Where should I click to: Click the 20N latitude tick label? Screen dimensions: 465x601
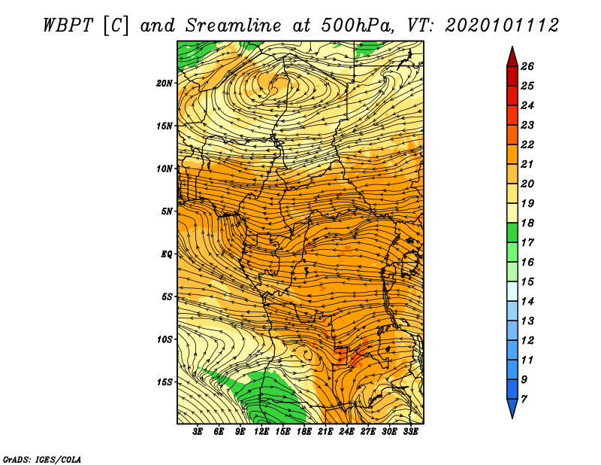point(165,83)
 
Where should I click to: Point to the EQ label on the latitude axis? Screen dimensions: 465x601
point(166,254)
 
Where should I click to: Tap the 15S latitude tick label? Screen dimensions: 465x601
point(165,382)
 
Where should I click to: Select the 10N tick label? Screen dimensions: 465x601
point(165,169)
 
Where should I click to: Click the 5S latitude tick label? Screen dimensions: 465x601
point(167,296)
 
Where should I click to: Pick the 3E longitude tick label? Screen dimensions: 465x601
point(198,432)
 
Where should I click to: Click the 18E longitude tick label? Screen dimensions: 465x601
point(304,432)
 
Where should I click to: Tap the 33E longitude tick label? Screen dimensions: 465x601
point(411,432)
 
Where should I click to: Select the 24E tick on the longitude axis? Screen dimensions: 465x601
point(347,432)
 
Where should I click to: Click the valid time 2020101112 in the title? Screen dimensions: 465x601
point(502,26)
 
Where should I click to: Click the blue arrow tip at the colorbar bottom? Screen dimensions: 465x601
point(512,409)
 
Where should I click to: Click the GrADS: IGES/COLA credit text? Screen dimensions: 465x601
point(42,458)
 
